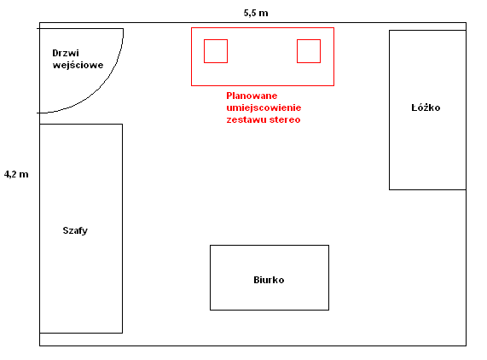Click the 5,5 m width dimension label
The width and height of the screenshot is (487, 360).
click(x=256, y=13)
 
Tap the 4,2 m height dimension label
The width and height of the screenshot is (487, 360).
click(x=16, y=174)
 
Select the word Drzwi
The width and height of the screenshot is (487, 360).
click(x=66, y=53)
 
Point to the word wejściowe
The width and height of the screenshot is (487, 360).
click(x=78, y=65)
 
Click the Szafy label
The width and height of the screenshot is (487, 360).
click(x=75, y=230)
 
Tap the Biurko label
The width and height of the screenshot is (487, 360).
click(x=269, y=280)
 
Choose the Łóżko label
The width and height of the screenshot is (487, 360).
click(x=426, y=107)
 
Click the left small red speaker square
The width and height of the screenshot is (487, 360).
click(x=216, y=51)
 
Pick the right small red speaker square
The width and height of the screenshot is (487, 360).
click(x=309, y=51)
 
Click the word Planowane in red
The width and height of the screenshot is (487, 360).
click(x=252, y=96)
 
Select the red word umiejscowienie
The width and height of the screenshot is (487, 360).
click(x=264, y=107)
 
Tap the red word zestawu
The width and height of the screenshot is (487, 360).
click(x=246, y=119)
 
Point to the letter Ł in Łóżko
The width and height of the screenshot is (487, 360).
click(x=415, y=107)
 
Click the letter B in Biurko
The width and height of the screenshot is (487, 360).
click(x=257, y=280)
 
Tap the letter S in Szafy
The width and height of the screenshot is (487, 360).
click(x=66, y=230)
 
